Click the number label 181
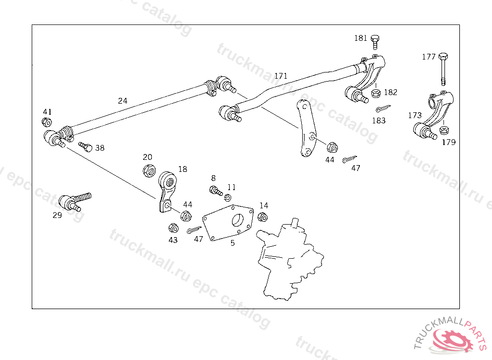click(x=361, y=38)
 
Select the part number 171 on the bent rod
click(x=281, y=76)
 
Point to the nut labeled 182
click(x=376, y=93)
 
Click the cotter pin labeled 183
click(x=382, y=108)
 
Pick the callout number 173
click(x=415, y=115)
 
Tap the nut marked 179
click(x=444, y=130)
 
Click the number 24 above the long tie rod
click(x=123, y=101)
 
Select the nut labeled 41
click(x=47, y=122)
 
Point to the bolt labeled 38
click(x=85, y=146)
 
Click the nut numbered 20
click(x=148, y=169)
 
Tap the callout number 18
click(x=183, y=169)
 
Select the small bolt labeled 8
click(x=214, y=191)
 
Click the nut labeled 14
click(x=262, y=216)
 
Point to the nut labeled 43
click(x=173, y=228)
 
